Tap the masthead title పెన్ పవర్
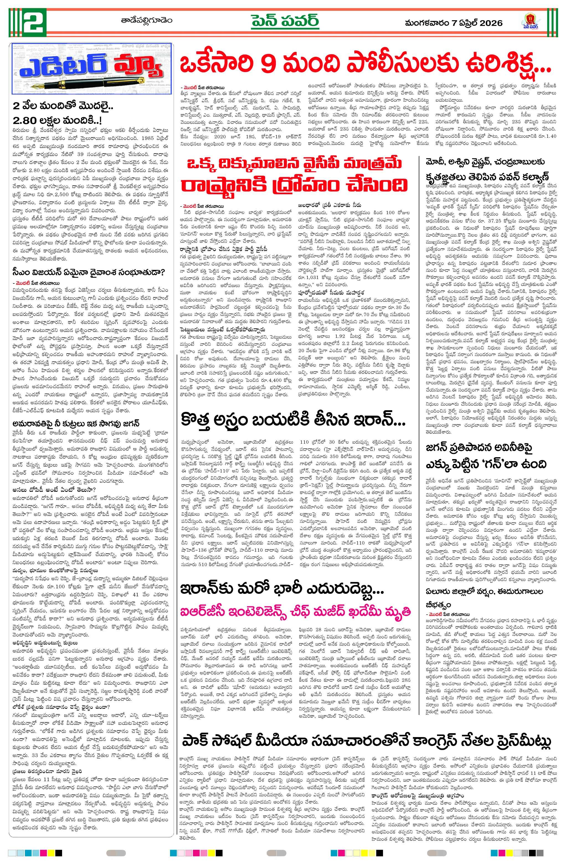coord(285,21)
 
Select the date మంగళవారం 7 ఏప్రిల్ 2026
coord(454,23)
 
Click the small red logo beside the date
coord(531,21)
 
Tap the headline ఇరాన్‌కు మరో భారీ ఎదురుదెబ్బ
coord(282,589)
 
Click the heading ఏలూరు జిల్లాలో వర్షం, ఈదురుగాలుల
coord(484,592)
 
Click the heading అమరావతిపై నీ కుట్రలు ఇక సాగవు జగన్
coord(76,423)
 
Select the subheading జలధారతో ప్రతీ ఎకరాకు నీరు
coord(329,205)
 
